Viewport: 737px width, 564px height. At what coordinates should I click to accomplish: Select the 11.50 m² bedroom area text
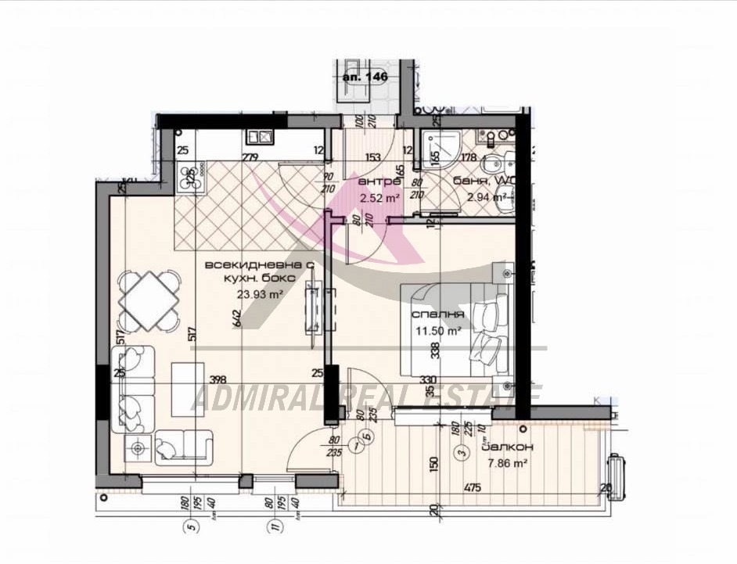coord(437,331)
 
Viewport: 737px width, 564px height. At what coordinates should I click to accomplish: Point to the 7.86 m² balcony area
coord(503,463)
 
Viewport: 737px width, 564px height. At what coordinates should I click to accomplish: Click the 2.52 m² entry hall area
coord(379,198)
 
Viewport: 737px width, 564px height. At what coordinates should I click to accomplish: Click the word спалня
coord(439,314)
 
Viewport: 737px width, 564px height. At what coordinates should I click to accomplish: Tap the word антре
coord(375,182)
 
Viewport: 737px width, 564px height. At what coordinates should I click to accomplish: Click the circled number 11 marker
coord(273,526)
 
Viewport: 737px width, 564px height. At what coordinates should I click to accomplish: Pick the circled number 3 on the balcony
coord(462,451)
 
